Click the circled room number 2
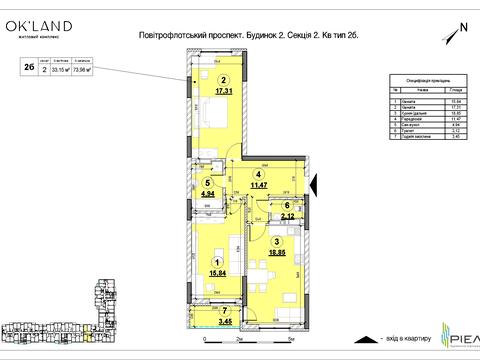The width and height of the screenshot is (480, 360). pyautogui.click(x=224, y=82)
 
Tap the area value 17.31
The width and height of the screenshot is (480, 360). pyautogui.click(x=224, y=93)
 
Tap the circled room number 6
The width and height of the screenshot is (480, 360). pyautogui.click(x=286, y=205)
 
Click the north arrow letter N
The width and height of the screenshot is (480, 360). pyautogui.click(x=462, y=27)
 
